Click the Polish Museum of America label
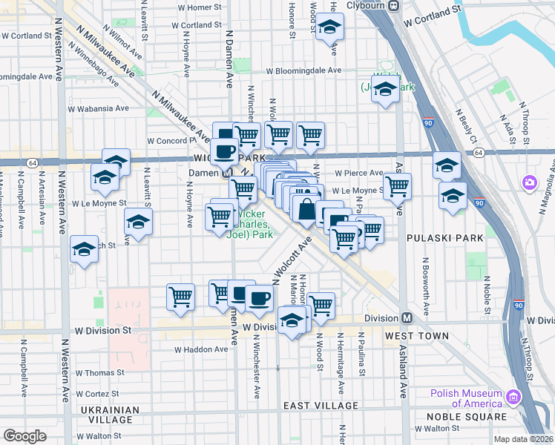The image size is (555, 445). (467, 398)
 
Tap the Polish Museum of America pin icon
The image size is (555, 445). (513, 398)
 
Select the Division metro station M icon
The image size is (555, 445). (407, 317)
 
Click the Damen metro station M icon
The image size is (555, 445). (226, 172)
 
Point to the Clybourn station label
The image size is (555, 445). (367, 4)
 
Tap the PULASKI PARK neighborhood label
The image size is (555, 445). (445, 237)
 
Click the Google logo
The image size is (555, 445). (24, 436)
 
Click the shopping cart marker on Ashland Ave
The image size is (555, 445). (398, 186)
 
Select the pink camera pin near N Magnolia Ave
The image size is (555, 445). (529, 182)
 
